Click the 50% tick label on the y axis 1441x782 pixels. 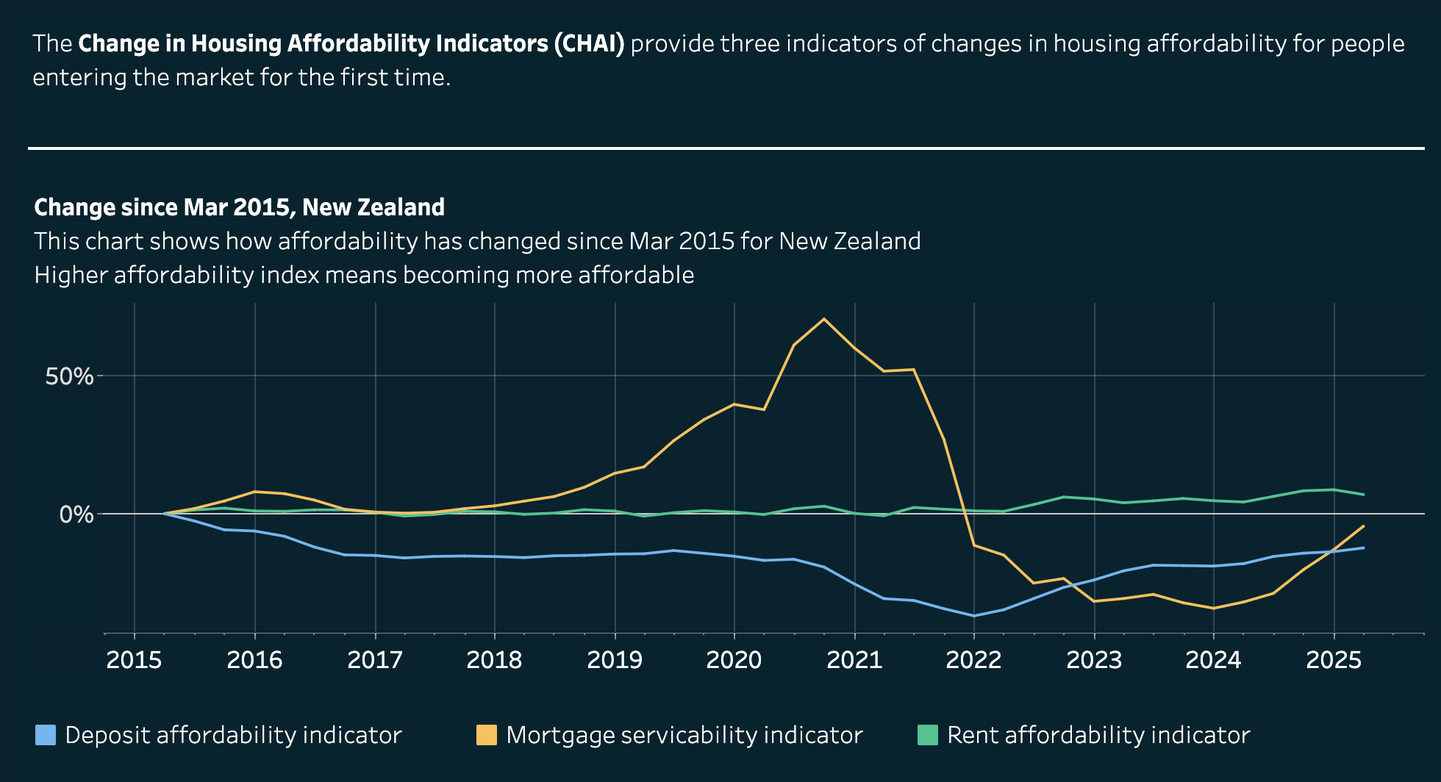[x=69, y=376]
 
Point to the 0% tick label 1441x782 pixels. [x=76, y=514]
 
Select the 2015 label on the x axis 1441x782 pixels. [x=134, y=660]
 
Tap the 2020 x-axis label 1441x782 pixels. [x=734, y=660]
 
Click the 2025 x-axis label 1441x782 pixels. [x=1334, y=660]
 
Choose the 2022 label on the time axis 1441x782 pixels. [x=973, y=660]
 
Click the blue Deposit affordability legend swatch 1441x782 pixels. [x=46, y=735]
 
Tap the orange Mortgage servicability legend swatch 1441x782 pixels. [x=486, y=735]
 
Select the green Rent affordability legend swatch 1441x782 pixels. [x=928, y=735]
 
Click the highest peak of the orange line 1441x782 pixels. [x=823, y=319]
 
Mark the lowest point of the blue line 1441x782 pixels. [x=974, y=616]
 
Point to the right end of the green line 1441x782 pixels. [x=1364, y=495]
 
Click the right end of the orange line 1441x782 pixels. [x=1364, y=526]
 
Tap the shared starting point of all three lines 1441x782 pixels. [x=164, y=514]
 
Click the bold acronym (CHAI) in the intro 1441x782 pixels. [x=589, y=44]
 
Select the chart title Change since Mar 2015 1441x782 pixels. [x=239, y=207]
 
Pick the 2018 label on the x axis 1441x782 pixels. [x=494, y=660]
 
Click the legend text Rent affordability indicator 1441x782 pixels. [x=1098, y=735]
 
